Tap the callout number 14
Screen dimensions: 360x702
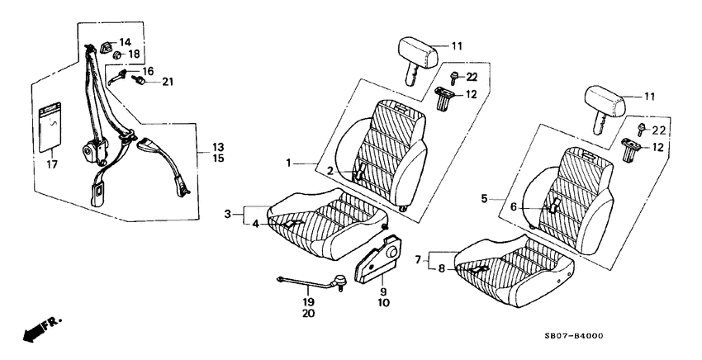[125, 42]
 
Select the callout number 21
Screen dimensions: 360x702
[168, 81]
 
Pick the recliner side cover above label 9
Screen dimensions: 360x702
[381, 257]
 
